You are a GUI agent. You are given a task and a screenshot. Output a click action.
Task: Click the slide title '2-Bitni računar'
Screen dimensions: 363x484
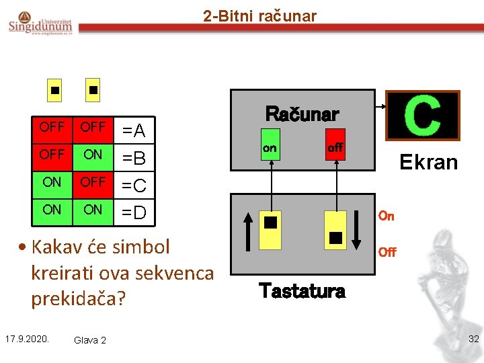(x=259, y=15)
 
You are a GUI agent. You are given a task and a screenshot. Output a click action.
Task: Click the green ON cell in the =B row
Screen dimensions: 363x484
(x=93, y=155)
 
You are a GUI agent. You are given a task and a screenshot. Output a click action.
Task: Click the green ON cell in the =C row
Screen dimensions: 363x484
(x=52, y=182)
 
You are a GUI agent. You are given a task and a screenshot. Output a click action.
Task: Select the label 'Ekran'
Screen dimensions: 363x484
(x=428, y=162)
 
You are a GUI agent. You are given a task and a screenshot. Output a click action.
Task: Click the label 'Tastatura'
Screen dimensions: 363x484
(x=302, y=291)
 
